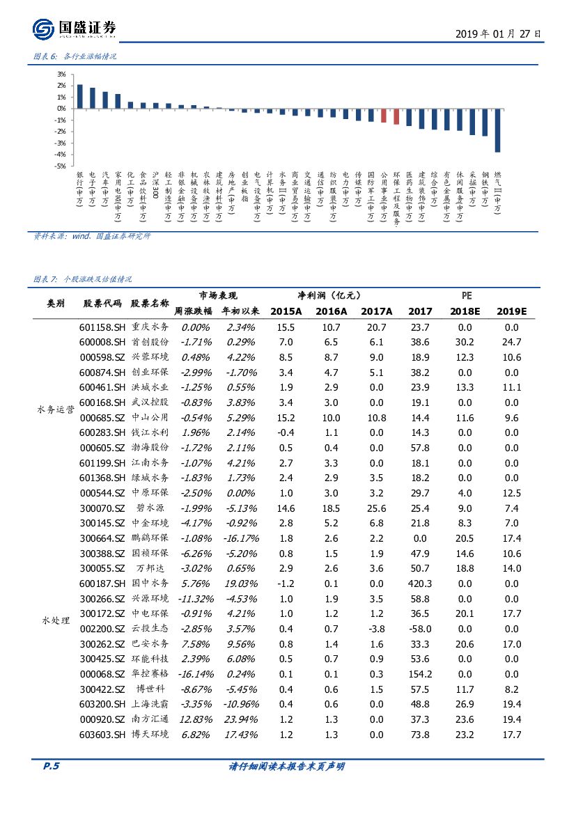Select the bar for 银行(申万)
click(79, 96)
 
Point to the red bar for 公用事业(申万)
click(383, 116)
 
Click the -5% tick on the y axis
click(61, 166)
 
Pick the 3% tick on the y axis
click(61, 74)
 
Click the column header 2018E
click(465, 311)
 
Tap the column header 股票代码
click(102, 304)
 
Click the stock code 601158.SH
click(102, 327)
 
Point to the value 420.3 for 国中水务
click(420, 584)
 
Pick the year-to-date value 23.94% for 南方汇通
click(241, 719)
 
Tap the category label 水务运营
click(55, 410)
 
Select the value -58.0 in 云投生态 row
click(420, 629)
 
